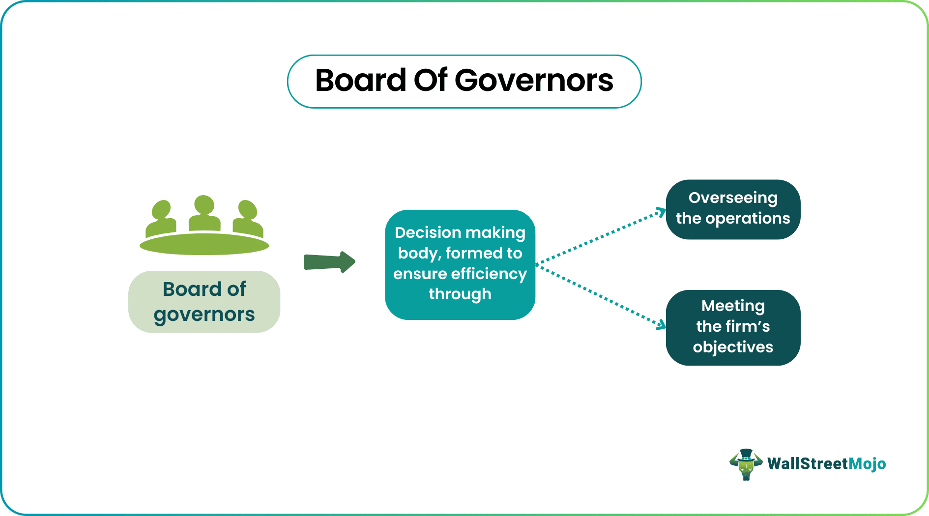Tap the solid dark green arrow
tap(329, 262)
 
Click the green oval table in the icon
tap(204, 244)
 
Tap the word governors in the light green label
tap(204, 315)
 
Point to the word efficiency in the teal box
tap(489, 274)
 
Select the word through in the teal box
tap(460, 294)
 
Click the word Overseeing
tap(733, 198)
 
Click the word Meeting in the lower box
tap(733, 306)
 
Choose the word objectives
tap(733, 347)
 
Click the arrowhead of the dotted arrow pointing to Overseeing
tap(662, 212)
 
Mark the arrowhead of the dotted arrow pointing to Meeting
tap(662, 325)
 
